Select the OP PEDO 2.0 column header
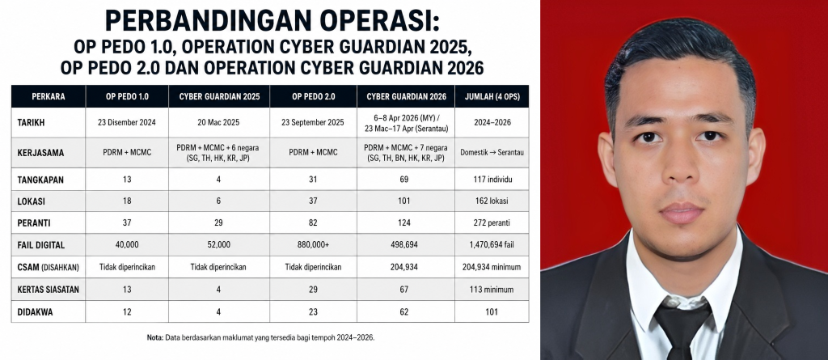click(x=313, y=97)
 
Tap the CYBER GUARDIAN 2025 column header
click(x=218, y=97)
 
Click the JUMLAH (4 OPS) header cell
click(x=491, y=97)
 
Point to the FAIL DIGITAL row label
click(x=40, y=245)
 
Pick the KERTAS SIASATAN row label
click(x=48, y=290)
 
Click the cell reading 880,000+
click(x=313, y=245)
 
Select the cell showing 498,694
click(x=405, y=245)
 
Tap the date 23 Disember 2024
click(x=127, y=122)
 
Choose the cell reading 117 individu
click(x=492, y=180)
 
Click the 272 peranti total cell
click(x=492, y=223)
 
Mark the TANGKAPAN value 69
click(x=405, y=180)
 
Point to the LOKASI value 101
click(x=405, y=201)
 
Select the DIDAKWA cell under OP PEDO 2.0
click(x=313, y=312)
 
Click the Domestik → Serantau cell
click(x=492, y=152)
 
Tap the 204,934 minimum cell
click(x=492, y=268)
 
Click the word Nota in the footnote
click(x=154, y=337)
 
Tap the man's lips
click(x=681, y=212)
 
